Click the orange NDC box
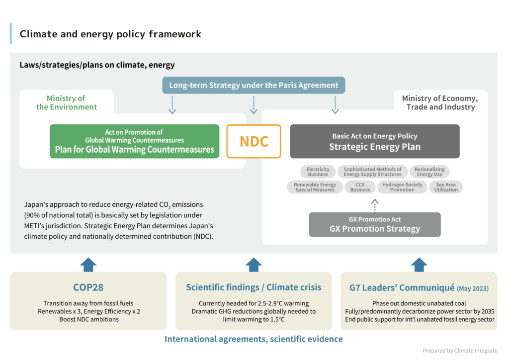tap(254, 141)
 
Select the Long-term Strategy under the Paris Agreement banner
tap(254, 85)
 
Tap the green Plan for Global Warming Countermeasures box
tap(134, 141)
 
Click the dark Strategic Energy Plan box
tap(374, 141)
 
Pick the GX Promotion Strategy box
tap(374, 224)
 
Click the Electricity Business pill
tap(318, 172)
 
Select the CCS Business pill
tap(360, 187)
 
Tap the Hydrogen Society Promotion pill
tap(402, 187)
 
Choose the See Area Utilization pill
tap(446, 187)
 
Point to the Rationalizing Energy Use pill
tap(429, 172)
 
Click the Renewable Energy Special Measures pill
tap(315, 187)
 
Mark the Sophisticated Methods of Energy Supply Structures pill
tap(372, 172)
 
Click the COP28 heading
tap(88, 287)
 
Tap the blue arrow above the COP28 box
tap(88, 264)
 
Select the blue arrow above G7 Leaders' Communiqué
tap(419, 264)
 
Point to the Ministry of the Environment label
tap(66, 102)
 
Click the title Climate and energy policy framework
tap(110, 34)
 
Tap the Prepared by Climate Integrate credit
tap(459, 351)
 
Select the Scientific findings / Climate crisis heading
tap(254, 287)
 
